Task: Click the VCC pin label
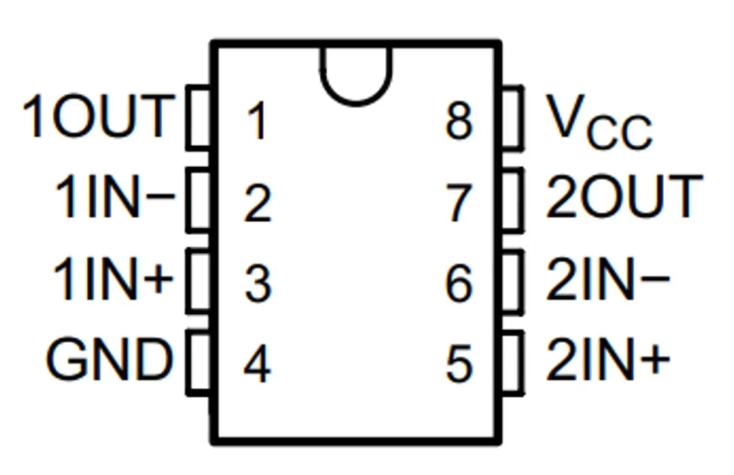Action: [x=599, y=122]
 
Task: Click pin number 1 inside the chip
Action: [x=257, y=123]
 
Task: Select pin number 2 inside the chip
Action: [x=257, y=204]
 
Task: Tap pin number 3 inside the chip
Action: [x=257, y=284]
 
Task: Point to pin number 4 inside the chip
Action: [x=257, y=365]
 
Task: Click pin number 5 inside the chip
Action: [x=459, y=365]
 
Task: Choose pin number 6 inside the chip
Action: [x=459, y=284]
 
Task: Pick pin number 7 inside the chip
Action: [x=459, y=204]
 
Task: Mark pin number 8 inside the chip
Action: [x=459, y=123]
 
